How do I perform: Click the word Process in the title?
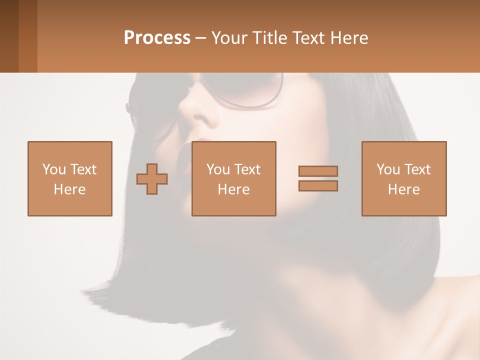[x=157, y=38]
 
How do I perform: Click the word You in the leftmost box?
[x=53, y=169]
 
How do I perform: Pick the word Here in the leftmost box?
[x=69, y=189]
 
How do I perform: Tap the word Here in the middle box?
[x=233, y=189]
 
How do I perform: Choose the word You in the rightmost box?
[x=388, y=169]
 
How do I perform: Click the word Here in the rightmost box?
[x=403, y=189]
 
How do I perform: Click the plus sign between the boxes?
[x=152, y=179]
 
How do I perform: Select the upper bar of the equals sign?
[x=318, y=171]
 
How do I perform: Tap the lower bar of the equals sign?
[x=318, y=186]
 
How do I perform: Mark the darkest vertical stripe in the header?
[x=9, y=36]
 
